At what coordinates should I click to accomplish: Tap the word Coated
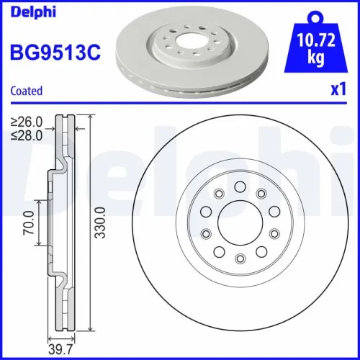click(x=26, y=91)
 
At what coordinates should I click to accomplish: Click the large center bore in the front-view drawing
click(x=239, y=222)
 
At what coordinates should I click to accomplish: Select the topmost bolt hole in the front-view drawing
click(x=239, y=186)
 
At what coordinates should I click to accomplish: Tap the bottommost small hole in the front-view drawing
click(x=239, y=257)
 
